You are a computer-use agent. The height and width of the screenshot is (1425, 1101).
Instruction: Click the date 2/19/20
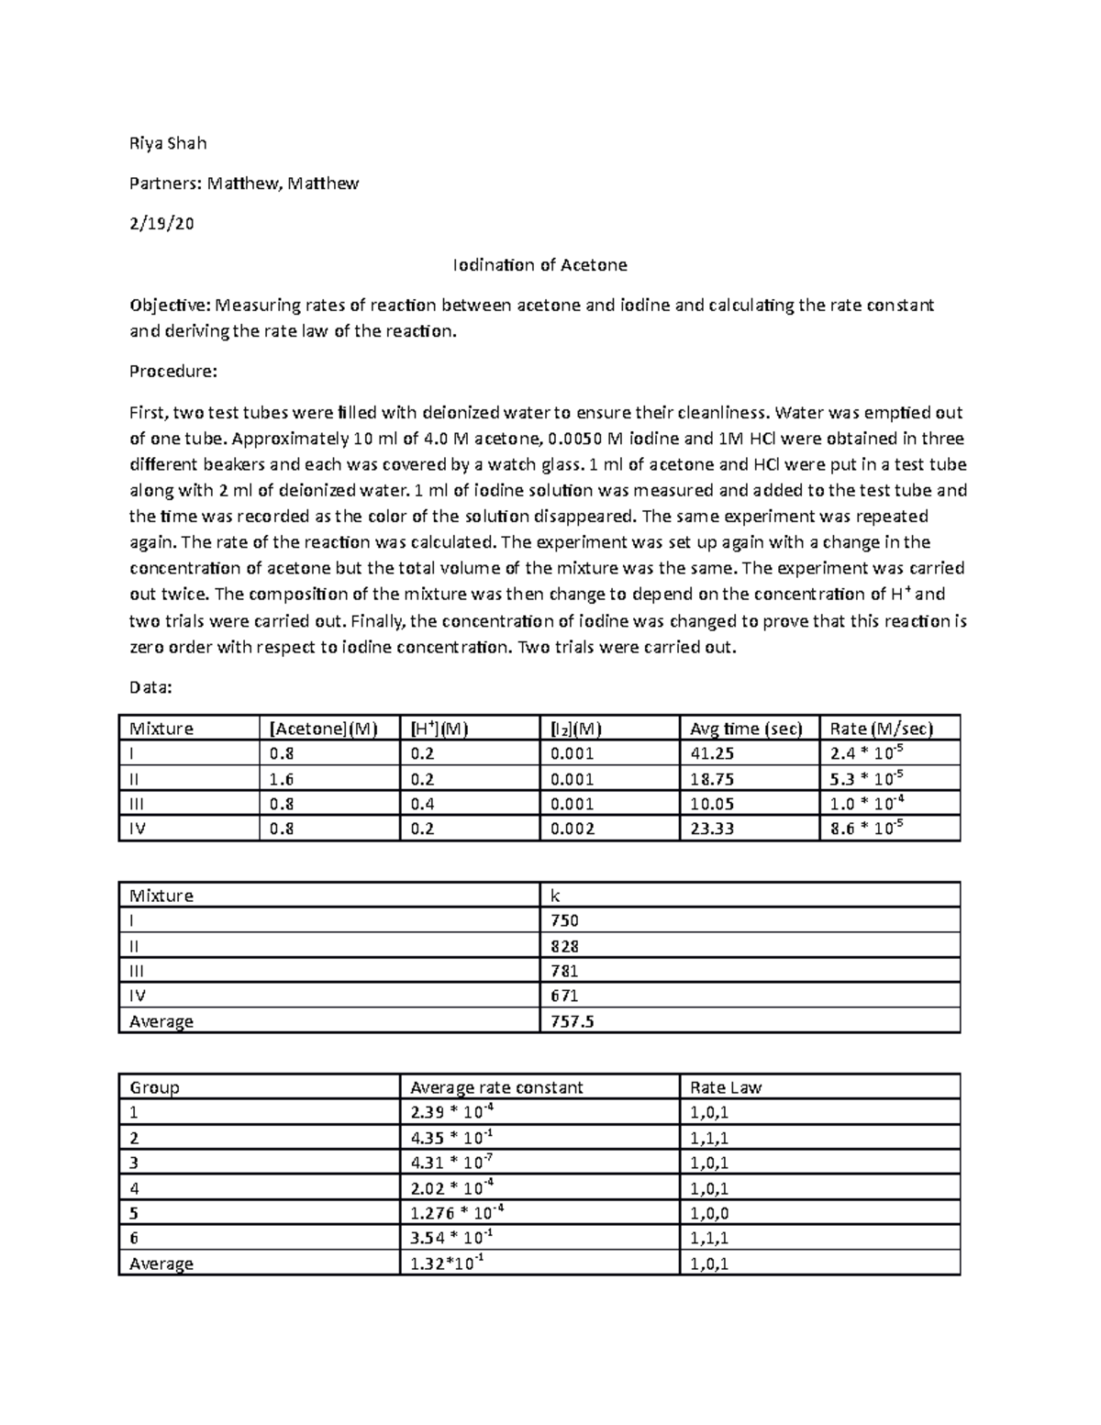161,224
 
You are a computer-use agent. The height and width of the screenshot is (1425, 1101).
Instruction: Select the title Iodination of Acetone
539,265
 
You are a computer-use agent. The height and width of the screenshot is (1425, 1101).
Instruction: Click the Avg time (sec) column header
746,729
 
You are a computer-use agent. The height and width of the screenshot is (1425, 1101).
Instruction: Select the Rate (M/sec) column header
881,729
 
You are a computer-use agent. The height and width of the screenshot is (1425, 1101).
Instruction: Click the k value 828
564,946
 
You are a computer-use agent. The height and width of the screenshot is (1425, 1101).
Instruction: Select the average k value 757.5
572,1020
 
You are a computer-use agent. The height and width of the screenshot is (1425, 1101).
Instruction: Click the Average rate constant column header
496,1087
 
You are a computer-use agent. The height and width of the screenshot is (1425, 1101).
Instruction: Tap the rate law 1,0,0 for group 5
708,1212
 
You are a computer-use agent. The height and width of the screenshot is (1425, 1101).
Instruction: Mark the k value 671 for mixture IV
564,996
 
